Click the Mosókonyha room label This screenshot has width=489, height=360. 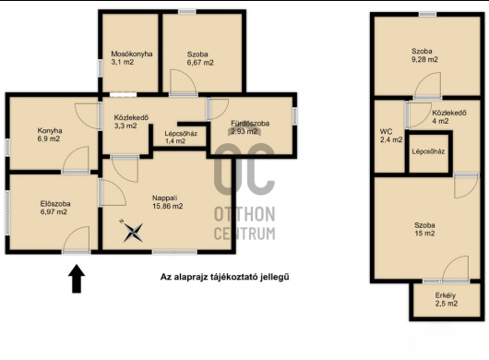(132, 54)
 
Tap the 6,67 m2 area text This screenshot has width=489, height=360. (200, 63)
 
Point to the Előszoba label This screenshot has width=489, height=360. (55, 204)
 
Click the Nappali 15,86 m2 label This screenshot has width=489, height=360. (168, 202)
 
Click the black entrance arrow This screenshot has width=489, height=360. (77, 279)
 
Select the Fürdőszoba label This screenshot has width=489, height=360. (250, 123)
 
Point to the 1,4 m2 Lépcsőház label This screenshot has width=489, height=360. (181, 138)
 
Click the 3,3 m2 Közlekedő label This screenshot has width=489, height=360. (131, 122)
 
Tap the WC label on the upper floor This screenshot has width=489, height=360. (386, 131)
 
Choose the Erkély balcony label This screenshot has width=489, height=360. (447, 299)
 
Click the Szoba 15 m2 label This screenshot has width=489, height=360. (424, 229)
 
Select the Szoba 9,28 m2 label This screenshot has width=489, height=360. (424, 55)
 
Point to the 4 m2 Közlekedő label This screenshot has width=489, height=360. (449, 116)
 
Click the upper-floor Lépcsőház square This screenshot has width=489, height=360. (428, 152)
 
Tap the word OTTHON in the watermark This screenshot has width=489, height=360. (244, 214)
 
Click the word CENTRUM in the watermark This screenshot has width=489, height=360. (244, 233)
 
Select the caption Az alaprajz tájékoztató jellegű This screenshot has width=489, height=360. (224, 277)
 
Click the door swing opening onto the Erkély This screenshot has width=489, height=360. (455, 269)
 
